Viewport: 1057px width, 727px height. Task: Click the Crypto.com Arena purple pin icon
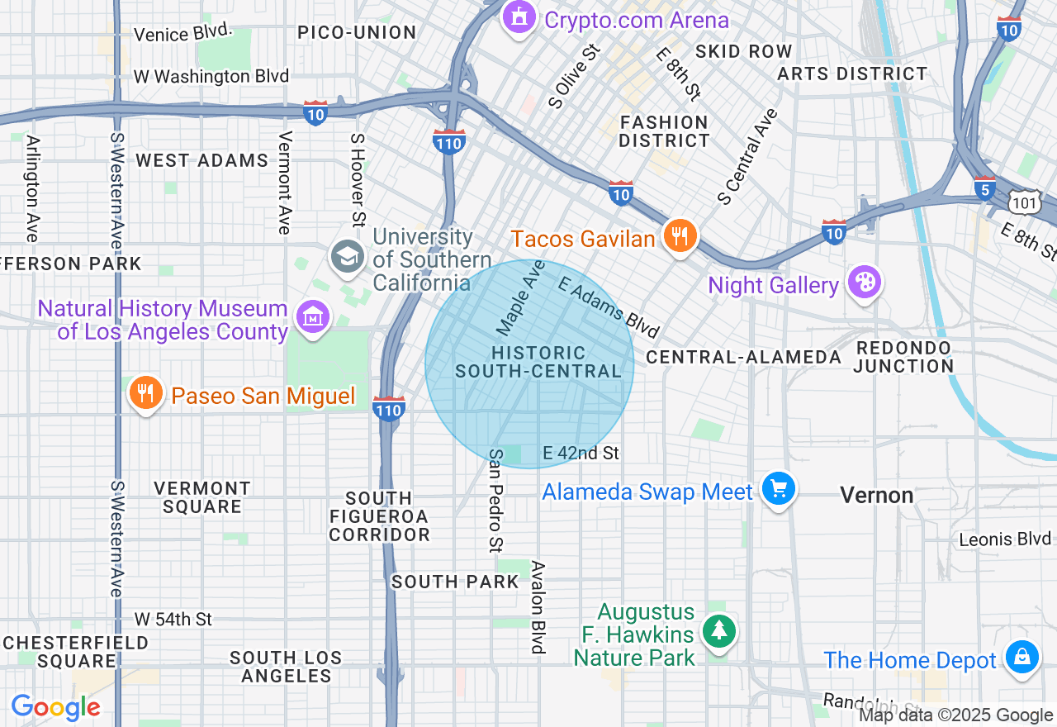519,17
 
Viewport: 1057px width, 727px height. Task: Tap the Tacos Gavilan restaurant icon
679,237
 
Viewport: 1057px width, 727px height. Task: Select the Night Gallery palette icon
864,283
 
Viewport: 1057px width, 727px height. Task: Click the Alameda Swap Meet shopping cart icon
778,489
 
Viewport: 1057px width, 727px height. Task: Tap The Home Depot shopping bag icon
1021,658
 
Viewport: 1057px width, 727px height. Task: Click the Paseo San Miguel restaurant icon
146,393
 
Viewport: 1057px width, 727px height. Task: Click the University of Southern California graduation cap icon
348,257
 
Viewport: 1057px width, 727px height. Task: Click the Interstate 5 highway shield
984,188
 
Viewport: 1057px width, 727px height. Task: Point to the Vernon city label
876,495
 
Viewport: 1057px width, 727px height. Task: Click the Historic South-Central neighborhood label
538,363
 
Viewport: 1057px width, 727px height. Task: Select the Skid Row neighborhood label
743,51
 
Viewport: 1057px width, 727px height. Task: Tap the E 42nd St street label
581,453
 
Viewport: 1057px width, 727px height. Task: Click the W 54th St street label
173,619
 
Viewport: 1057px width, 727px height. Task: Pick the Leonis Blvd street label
1004,539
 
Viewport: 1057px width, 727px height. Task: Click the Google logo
55,707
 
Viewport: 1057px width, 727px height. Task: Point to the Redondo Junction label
904,357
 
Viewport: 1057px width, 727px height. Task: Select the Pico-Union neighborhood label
357,33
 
